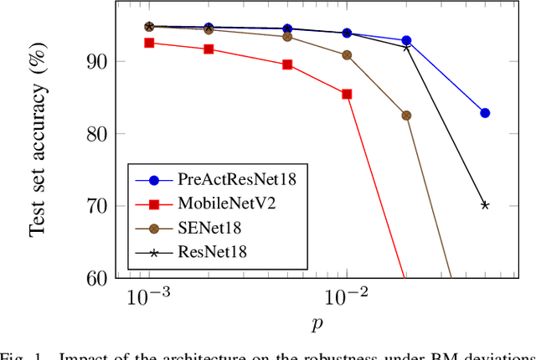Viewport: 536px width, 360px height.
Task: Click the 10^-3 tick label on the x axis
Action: pyautogui.click(x=148, y=298)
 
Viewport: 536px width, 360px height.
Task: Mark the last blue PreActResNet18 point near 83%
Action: pyautogui.click(x=485, y=113)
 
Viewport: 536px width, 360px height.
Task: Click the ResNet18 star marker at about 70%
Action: pyautogui.click(x=485, y=205)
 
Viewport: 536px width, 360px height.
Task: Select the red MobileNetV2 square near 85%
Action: pyautogui.click(x=347, y=94)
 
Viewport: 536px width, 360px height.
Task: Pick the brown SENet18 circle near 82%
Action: pyautogui.click(x=406, y=116)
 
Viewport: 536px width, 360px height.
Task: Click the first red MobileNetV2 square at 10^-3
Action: pyautogui.click(x=149, y=43)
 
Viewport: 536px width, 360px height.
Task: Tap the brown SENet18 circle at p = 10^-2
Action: pyautogui.click(x=347, y=55)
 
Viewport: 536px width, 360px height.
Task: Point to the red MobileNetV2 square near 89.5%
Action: pyautogui.click(x=287, y=64)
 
